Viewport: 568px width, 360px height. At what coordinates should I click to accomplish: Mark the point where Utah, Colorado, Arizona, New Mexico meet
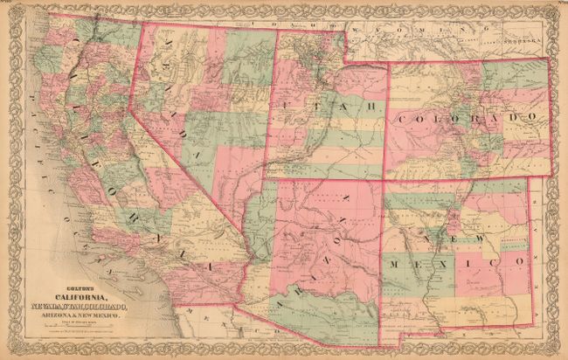click(384, 180)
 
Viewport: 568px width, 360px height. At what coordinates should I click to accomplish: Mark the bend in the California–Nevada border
click(131, 109)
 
